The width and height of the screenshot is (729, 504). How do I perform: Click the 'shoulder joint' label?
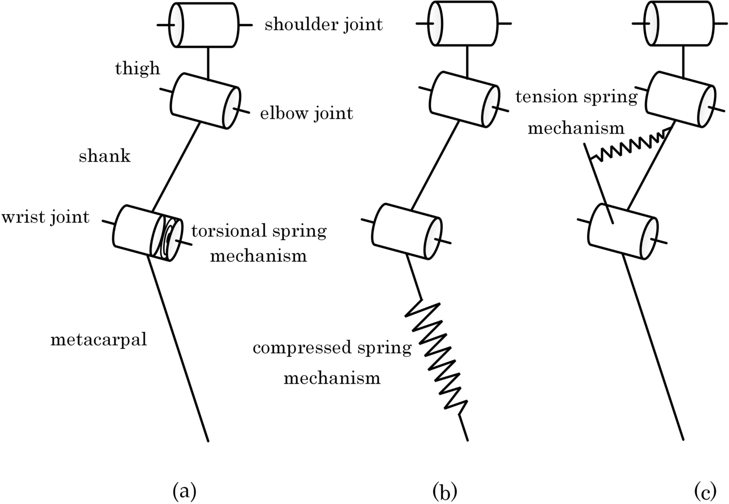[323, 24]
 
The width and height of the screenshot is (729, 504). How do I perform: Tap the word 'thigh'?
[137, 69]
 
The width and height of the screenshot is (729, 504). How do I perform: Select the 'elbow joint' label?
[306, 113]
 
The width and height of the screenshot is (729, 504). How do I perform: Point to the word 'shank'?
[105, 156]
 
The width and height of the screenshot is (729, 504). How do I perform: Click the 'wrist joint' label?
[45, 217]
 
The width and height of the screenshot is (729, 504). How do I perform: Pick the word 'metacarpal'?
[99, 340]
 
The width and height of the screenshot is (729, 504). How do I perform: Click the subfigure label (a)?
[184, 492]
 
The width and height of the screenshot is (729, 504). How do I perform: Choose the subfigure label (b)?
[445, 492]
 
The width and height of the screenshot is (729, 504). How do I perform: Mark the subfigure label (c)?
[705, 492]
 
